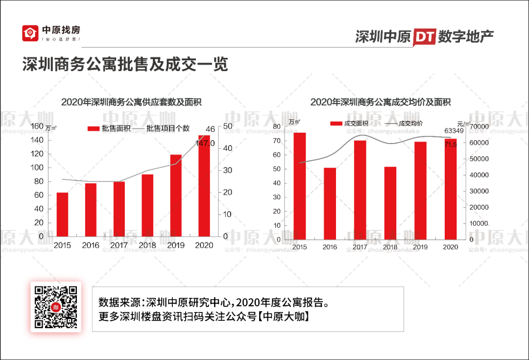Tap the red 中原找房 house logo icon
click(30, 33)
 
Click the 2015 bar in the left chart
click(62, 214)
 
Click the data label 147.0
click(205, 144)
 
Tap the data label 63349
click(454, 131)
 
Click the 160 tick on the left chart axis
click(37, 126)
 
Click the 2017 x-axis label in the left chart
click(119, 245)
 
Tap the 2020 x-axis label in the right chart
click(450, 247)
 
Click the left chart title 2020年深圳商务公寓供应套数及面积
click(131, 102)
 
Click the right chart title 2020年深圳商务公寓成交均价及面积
click(381, 102)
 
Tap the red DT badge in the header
click(424, 37)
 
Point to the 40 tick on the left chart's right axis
click(228, 148)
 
